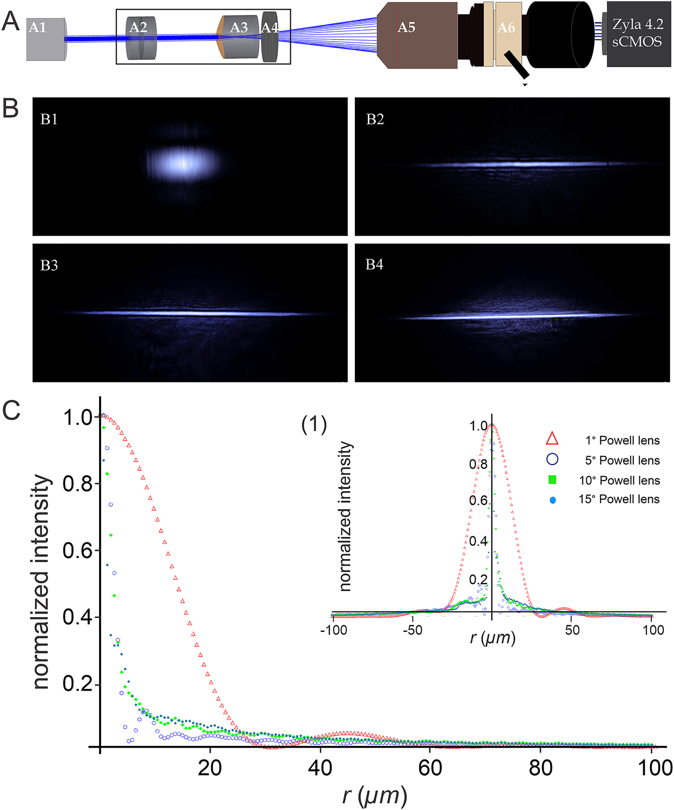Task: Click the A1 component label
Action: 37,27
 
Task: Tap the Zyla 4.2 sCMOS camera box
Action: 638,34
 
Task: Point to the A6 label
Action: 506,28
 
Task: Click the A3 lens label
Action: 239,27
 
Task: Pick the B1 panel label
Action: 49,119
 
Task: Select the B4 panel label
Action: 375,265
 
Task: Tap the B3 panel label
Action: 49,266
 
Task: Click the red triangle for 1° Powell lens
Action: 552,440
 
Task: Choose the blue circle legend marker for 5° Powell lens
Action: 552,460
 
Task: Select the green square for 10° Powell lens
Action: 552,480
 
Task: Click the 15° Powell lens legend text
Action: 619,499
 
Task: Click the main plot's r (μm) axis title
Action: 374,795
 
